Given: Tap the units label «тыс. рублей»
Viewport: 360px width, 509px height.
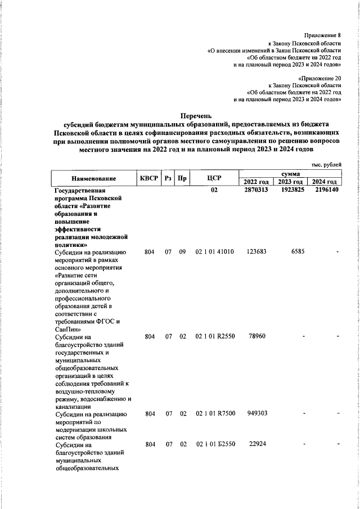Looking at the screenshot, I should coord(326,164).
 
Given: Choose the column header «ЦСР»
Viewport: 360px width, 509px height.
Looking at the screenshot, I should coord(214,178).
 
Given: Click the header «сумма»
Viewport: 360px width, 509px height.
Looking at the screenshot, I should coord(290,174).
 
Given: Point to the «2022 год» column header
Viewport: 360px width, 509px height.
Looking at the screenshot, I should coord(256,182).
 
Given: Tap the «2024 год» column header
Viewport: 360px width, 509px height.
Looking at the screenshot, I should coord(325,182).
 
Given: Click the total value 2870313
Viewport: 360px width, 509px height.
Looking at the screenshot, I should coord(256,191).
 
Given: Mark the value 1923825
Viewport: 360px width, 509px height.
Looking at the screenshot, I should coord(292,191).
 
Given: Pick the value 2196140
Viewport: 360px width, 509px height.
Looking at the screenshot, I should coord(326,191).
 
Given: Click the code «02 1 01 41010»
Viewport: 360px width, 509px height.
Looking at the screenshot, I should coord(214,252).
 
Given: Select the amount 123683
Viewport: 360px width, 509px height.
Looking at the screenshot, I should coord(256,252).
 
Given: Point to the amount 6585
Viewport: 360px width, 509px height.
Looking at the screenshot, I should coord(298,252).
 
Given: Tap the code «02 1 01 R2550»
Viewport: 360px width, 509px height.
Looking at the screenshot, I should coord(214,336).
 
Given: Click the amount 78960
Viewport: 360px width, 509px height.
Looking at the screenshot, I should coord(256,336).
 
